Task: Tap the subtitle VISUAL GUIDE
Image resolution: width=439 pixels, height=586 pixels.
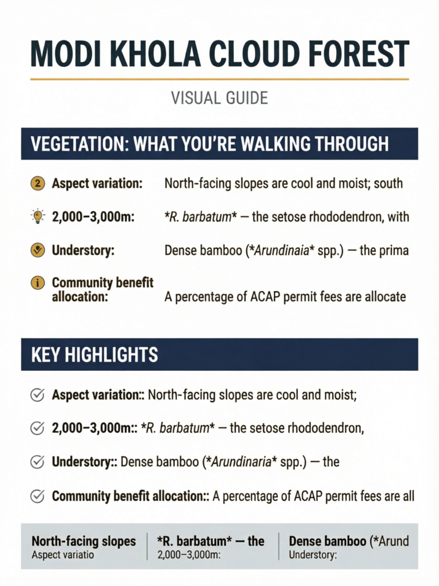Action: (x=219, y=98)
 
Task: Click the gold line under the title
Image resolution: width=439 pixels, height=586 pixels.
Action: (x=219, y=79)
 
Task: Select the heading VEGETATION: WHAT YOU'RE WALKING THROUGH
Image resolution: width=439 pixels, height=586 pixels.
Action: (x=209, y=144)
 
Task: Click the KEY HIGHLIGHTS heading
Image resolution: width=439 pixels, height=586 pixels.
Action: (x=94, y=355)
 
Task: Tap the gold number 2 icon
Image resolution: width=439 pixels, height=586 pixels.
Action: (x=37, y=184)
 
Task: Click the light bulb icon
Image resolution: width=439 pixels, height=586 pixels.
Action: (x=37, y=216)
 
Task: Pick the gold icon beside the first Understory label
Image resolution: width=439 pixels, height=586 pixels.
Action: (x=37, y=250)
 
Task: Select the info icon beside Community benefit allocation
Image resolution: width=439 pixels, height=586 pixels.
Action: (x=37, y=283)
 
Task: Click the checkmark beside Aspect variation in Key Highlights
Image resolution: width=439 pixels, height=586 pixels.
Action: (x=37, y=395)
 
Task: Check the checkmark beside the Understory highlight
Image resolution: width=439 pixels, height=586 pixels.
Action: (x=37, y=462)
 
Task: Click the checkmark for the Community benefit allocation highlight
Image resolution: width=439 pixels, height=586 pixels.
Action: (x=37, y=496)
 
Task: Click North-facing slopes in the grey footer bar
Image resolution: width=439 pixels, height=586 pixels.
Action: (x=83, y=541)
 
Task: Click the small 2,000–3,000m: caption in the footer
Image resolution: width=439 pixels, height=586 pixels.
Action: (x=187, y=555)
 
